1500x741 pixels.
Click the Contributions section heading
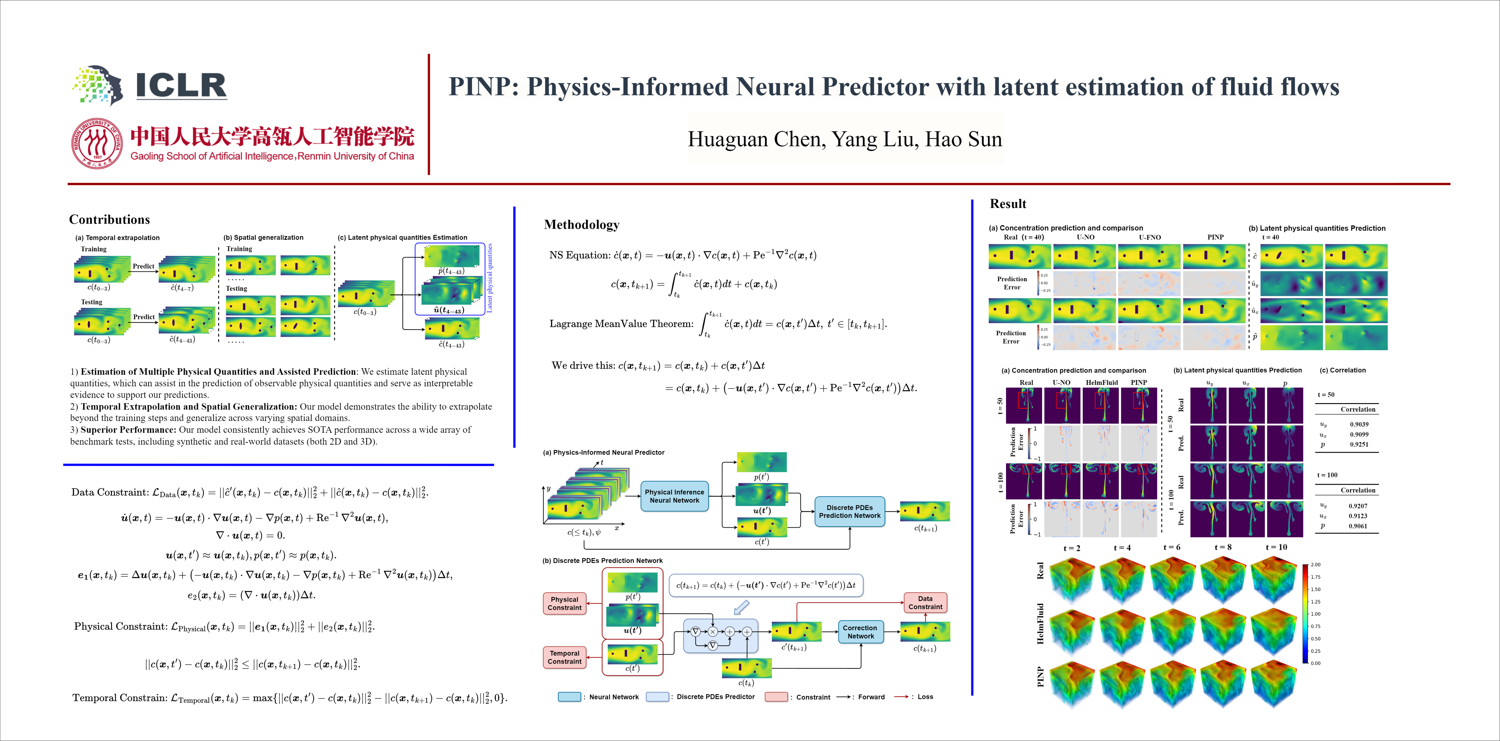pos(110,220)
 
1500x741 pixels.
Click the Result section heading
pos(1008,204)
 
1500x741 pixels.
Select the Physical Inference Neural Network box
pos(674,496)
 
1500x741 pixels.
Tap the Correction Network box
pos(860,632)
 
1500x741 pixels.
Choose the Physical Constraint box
pos(564,603)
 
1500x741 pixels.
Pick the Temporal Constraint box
pos(564,657)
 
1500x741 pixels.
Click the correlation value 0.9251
pos(1359,444)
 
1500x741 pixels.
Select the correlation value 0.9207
pos(1358,506)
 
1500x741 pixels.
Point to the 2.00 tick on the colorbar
pos(1315,565)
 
